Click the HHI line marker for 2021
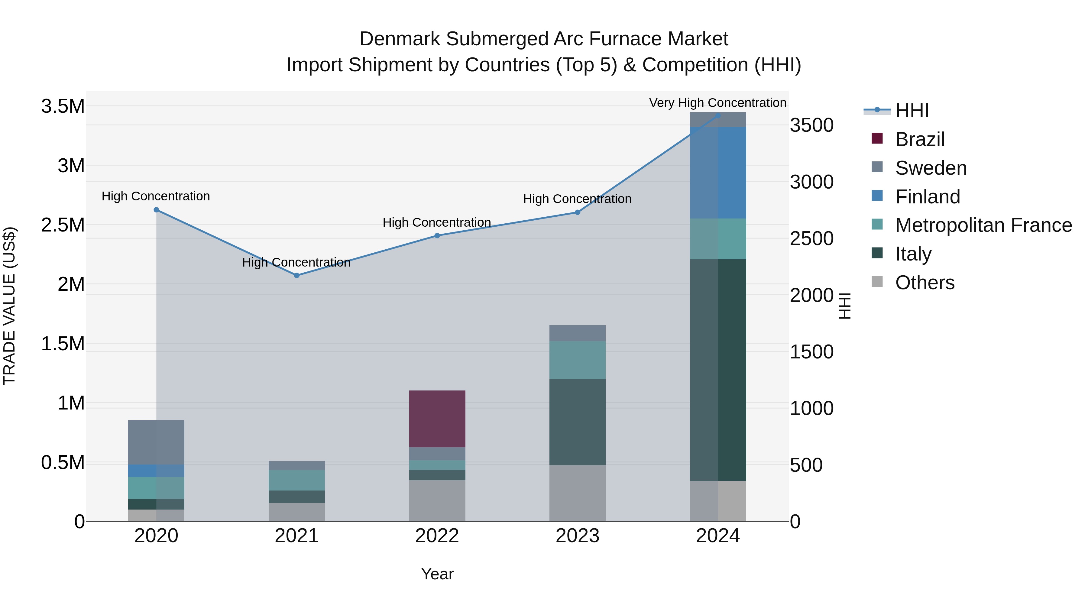tap(296, 275)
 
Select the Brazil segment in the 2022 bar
tap(437, 419)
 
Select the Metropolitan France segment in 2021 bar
tap(296, 480)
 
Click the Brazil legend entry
tap(919, 139)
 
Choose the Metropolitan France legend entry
tap(983, 225)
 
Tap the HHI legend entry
tap(912, 111)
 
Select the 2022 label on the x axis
tap(437, 536)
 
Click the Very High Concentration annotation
tap(717, 103)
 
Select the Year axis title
tap(437, 574)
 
